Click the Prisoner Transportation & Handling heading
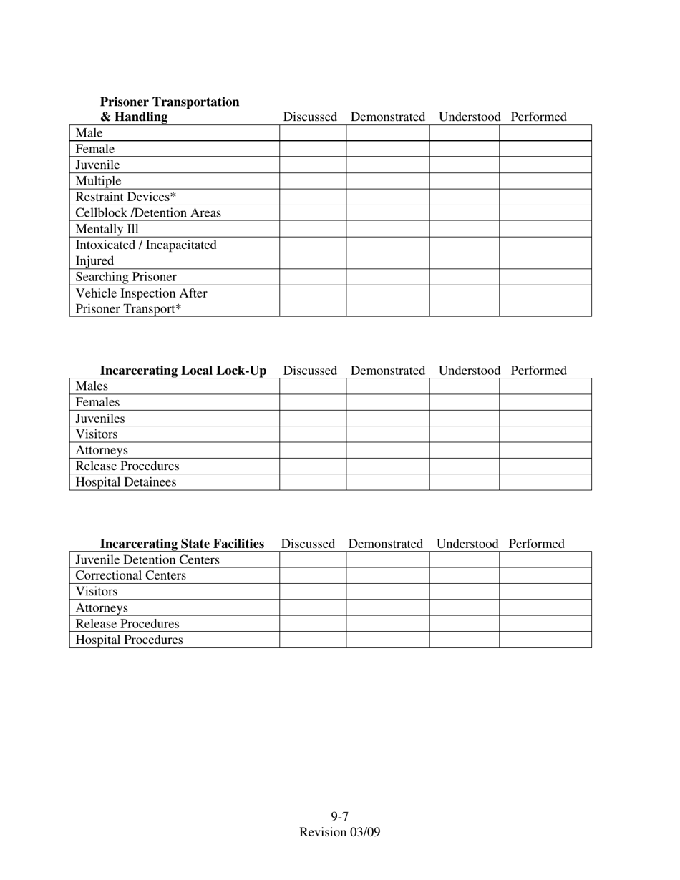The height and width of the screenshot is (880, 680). pos(170,109)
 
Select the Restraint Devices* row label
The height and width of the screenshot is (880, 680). pos(126,197)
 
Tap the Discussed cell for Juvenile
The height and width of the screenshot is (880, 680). pos(313,165)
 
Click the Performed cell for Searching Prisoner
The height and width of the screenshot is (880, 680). pos(545,277)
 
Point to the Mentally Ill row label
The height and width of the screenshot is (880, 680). pos(107,229)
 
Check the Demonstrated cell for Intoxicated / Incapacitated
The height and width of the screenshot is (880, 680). pos(388,245)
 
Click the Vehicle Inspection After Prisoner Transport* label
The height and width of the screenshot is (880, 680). pos(141,301)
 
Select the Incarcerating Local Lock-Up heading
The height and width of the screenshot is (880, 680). pos(183,371)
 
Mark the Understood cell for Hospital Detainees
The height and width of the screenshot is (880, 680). pos(465,482)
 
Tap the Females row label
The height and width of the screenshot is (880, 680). pos(97,402)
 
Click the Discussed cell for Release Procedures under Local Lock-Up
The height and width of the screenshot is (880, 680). pos(313,466)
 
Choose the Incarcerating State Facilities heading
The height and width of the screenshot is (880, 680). pos(182,544)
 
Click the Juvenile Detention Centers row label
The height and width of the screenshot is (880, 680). pos(147,559)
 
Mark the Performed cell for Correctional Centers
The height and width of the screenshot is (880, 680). pos(545,575)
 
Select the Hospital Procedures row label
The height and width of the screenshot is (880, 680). pos(129,640)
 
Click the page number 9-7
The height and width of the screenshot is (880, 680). pos(340,816)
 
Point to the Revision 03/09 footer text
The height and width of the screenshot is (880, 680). pos(340,832)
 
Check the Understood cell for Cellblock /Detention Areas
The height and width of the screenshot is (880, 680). pos(465,213)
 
